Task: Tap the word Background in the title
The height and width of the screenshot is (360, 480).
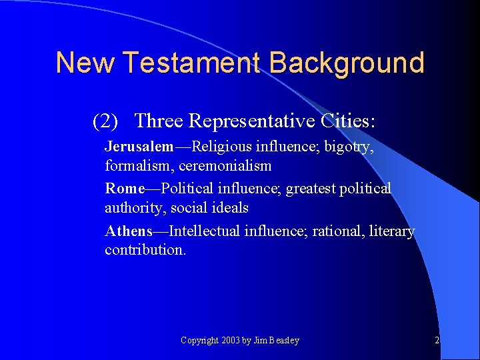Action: [347, 63]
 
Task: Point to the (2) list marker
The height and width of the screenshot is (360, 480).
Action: [105, 121]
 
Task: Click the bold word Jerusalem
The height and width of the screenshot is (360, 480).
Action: [139, 147]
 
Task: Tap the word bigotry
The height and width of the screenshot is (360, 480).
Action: [349, 147]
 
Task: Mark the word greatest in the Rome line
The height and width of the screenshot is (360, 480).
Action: [311, 189]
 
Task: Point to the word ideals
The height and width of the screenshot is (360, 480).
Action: [231, 207]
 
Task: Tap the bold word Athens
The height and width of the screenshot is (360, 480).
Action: [129, 231]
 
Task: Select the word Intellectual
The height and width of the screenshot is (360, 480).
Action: [205, 231]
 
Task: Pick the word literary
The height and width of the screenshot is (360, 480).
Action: [390, 231]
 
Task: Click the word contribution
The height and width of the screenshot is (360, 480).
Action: [145, 250]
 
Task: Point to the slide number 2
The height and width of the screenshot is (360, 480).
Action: [437, 341]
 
